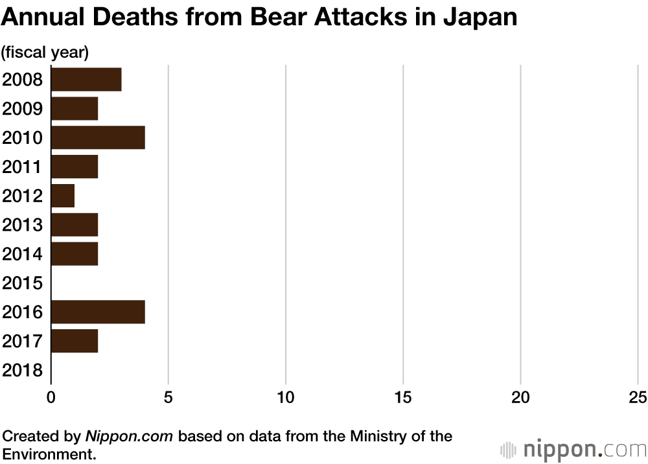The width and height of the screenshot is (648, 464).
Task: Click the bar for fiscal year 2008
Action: (86, 79)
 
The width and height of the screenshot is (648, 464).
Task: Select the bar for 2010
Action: (97, 137)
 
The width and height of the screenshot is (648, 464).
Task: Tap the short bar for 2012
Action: (62, 196)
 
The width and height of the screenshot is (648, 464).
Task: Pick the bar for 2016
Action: (97, 312)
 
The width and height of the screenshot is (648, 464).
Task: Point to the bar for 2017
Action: (74, 341)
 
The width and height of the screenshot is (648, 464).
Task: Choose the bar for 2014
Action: (74, 253)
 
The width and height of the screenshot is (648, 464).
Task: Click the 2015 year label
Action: (23, 283)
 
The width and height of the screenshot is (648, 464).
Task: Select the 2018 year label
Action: (23, 371)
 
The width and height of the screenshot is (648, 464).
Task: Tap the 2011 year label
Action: (23, 167)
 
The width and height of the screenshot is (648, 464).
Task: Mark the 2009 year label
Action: (23, 109)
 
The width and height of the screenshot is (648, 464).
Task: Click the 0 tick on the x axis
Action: (51, 397)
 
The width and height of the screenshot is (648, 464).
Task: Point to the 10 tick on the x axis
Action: (286, 397)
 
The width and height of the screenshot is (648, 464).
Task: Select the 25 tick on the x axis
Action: (638, 397)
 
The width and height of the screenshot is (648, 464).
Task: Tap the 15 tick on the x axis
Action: (403, 397)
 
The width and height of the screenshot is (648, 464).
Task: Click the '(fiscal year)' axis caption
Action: (45, 52)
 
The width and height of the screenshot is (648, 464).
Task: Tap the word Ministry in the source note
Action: (372, 436)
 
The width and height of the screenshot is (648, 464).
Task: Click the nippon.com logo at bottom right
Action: (573, 449)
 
